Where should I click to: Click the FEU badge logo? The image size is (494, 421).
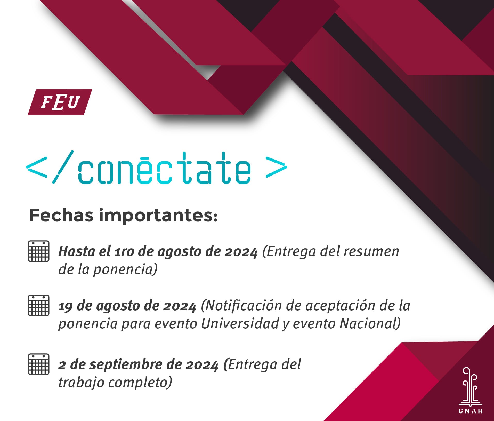coord(60,102)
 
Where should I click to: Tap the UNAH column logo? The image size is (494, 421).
coord(471,390)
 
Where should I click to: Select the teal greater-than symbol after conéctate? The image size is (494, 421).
coord(276,167)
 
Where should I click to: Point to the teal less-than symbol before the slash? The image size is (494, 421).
coord(37,167)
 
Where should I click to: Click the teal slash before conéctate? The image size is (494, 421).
coord(63,167)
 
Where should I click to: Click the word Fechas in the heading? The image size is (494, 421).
coord(61,215)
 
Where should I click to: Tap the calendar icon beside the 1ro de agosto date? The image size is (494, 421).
coord(38,251)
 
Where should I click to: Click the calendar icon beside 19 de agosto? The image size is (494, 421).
coord(38,305)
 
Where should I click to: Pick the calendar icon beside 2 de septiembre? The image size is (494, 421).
coord(38,364)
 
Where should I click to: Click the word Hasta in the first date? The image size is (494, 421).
coord(77,251)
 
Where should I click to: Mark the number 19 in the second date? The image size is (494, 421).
coord(66,306)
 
